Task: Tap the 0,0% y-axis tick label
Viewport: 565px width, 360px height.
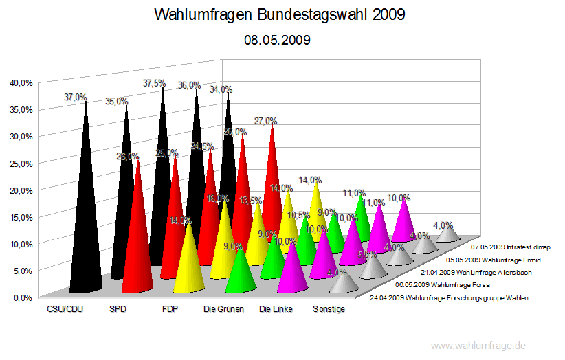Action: [23, 297]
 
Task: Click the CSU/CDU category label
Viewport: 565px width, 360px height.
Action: [66, 309]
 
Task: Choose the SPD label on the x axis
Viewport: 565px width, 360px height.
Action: [118, 309]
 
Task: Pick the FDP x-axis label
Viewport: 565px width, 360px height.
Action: [170, 309]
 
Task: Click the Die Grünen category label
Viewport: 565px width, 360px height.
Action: [224, 309]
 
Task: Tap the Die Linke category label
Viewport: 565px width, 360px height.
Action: [276, 309]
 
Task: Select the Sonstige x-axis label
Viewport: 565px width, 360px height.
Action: [329, 309]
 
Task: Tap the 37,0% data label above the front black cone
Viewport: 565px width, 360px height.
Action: [75, 98]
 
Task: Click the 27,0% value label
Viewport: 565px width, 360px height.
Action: [265, 121]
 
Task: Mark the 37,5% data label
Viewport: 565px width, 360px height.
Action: [154, 83]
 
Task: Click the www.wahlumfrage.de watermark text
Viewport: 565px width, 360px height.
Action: [478, 346]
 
